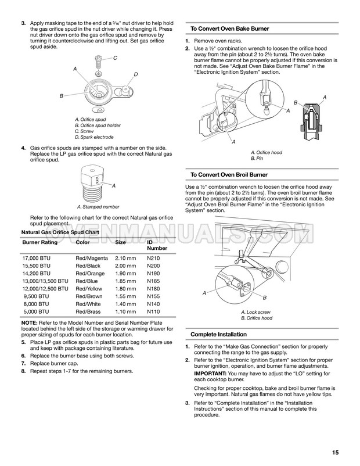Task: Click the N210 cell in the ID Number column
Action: click(x=153, y=257)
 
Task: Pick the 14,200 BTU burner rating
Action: click(x=36, y=272)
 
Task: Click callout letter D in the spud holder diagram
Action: click(x=135, y=74)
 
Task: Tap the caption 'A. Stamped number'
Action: click(x=98, y=207)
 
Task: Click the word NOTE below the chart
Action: click(x=30, y=322)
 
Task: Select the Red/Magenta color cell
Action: click(x=92, y=257)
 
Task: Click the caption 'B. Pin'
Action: click(x=257, y=159)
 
